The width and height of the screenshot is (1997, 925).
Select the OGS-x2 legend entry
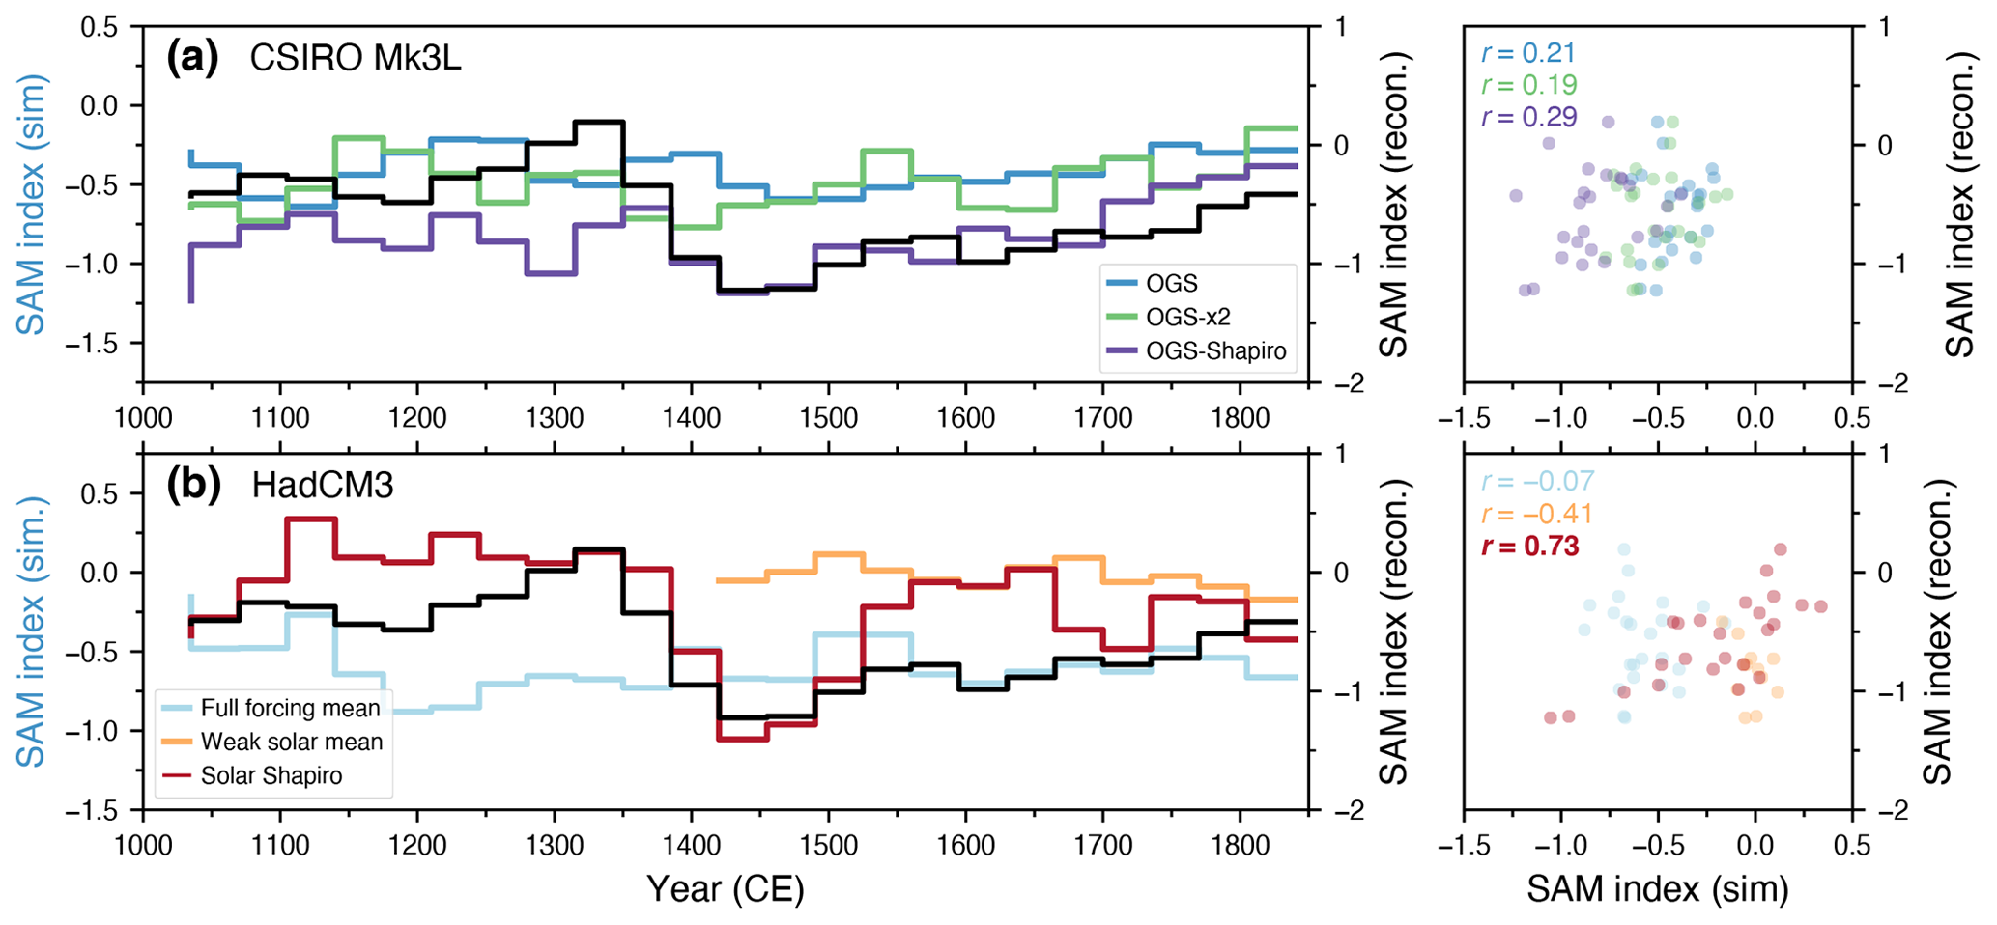[1187, 318]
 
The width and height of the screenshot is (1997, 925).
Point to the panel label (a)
[192, 59]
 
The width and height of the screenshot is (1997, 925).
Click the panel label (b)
[193, 485]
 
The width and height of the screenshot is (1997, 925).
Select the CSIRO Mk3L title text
[356, 59]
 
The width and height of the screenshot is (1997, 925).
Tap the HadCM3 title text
[323, 485]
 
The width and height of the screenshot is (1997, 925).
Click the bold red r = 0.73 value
[1530, 547]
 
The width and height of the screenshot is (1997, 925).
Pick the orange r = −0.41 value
[1536, 514]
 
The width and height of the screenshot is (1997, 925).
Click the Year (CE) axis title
[725, 889]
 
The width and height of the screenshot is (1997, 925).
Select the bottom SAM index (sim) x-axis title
[1657, 889]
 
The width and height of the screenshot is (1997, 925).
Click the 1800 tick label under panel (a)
[1240, 419]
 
